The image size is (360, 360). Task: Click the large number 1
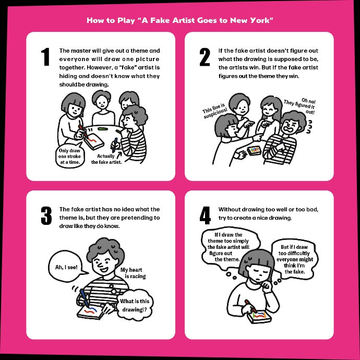pos(46,57)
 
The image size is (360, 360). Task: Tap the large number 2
pos(205,57)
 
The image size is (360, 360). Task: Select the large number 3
pos(46,215)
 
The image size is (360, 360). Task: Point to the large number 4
pos(205,215)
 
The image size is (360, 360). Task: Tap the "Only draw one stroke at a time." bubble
pos(69,155)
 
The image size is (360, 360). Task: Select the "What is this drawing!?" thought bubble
pos(135,305)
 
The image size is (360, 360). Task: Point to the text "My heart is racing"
pos(133,273)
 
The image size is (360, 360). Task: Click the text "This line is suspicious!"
pos(214,111)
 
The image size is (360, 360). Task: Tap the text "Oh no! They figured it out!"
pos(301,106)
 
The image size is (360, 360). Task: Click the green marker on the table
pos(103,128)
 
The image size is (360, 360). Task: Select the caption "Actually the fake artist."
pos(106,159)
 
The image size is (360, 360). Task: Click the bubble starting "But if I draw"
pos(295,259)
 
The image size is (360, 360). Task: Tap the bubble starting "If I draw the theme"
pos(230,247)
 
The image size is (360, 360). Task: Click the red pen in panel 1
pos(83,132)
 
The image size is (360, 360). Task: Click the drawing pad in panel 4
pos(259,317)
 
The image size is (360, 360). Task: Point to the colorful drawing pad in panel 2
pos(254,151)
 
